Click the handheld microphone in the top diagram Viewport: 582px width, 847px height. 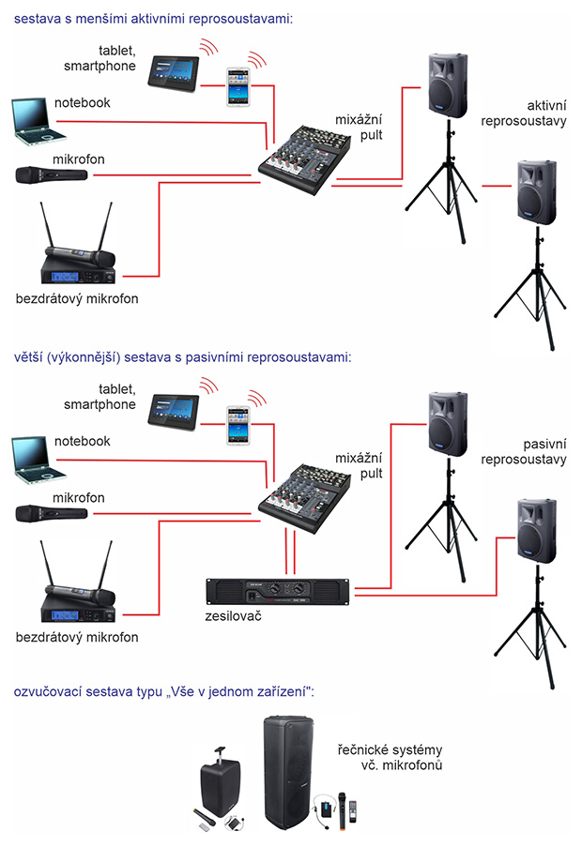pos(52,174)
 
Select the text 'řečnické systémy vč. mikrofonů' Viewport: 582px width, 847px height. pos(389,758)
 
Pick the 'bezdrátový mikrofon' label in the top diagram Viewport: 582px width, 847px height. pos(77,299)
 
